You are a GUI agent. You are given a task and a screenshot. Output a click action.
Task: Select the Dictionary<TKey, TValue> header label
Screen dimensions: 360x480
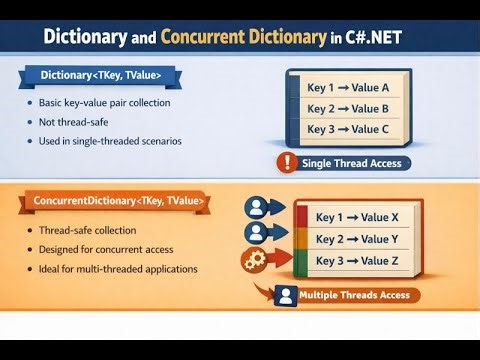tap(99, 74)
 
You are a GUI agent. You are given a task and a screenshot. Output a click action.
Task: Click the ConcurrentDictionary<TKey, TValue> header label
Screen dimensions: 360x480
tap(117, 203)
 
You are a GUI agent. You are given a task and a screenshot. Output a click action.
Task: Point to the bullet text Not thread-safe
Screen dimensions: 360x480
tap(80, 122)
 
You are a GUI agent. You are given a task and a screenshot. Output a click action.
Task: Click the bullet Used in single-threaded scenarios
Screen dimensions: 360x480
tap(110, 141)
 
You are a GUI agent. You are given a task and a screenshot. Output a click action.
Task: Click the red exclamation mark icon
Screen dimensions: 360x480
tap(286, 163)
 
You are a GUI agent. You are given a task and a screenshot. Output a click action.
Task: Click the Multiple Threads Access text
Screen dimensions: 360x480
tap(354, 295)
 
